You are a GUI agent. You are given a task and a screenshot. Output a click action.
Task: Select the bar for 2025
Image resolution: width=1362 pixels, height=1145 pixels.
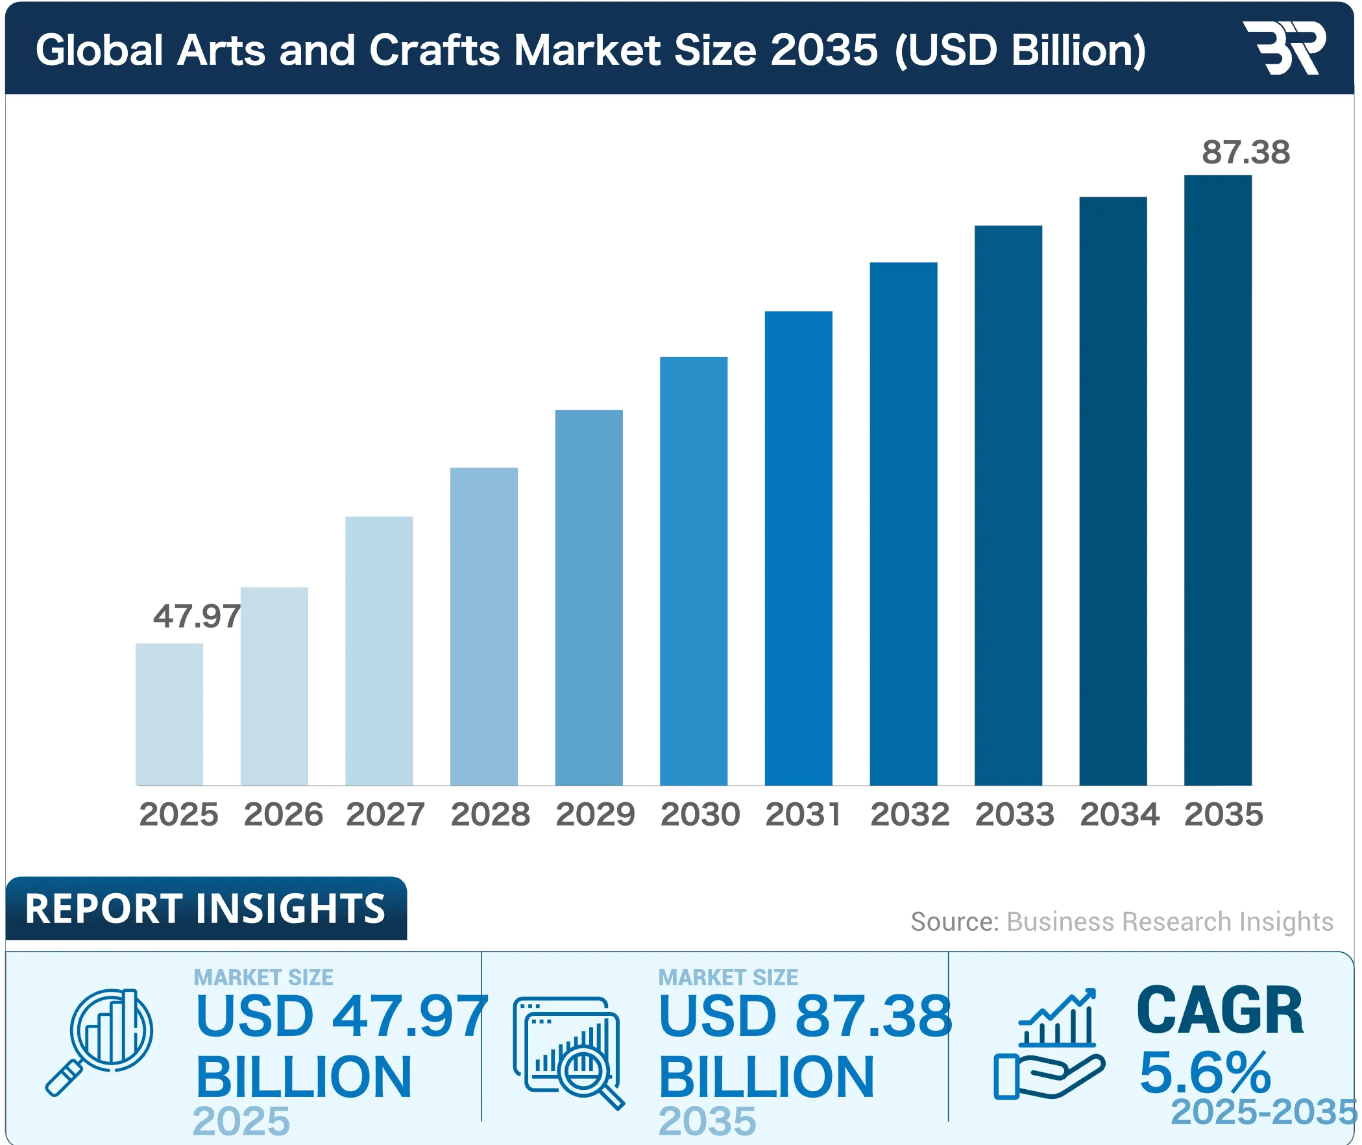coord(169,714)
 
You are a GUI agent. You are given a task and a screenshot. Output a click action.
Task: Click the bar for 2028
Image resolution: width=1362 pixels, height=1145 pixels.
coord(483,626)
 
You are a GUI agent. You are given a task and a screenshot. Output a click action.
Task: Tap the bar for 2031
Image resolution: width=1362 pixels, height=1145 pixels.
coord(798,548)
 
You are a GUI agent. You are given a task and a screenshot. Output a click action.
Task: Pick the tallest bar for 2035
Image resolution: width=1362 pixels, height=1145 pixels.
coord(1217,480)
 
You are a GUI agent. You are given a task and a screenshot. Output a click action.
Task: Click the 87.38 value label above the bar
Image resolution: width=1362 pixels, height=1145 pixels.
coord(1245,153)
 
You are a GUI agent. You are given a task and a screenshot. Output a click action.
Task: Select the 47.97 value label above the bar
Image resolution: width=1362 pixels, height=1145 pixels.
coord(197,616)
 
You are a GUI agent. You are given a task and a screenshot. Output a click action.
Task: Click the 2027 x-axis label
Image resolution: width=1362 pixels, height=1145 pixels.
coord(385,814)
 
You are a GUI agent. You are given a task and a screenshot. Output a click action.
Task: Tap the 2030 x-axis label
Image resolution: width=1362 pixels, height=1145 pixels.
coord(699,814)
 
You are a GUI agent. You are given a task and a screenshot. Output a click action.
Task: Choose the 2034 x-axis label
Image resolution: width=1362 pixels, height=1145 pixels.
coord(1119,814)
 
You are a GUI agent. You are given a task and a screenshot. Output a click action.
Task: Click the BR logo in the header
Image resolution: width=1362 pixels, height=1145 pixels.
coord(1283,48)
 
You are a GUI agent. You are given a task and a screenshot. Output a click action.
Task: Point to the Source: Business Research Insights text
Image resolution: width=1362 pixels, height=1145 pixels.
coord(1121,922)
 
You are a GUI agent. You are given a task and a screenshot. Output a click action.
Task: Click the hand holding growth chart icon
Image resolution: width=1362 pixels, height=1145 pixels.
coord(1049,1045)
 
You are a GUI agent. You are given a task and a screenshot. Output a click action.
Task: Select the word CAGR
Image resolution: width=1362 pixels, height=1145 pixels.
coord(1219,1011)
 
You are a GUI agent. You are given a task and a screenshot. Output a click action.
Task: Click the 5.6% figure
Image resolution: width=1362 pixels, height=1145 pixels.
coord(1204,1072)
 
